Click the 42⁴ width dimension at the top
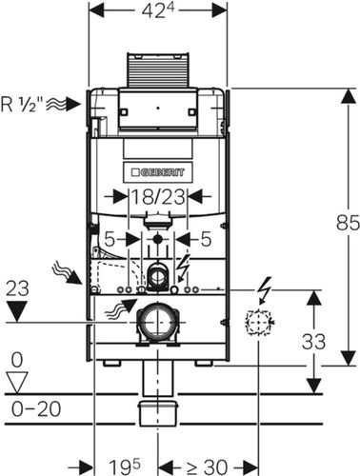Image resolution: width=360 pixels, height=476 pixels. click(x=158, y=11)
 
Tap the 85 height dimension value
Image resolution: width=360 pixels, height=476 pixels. click(x=348, y=223)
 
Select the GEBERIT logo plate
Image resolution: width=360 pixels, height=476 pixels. click(x=158, y=172)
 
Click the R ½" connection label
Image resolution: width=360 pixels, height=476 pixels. click(x=22, y=104)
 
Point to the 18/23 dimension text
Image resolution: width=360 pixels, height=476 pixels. click(x=158, y=197)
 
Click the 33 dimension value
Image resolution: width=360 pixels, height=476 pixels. click(x=313, y=342)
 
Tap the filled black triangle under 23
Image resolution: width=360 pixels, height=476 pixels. click(x=17, y=311)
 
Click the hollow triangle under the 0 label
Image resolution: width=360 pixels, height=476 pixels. click(x=17, y=382)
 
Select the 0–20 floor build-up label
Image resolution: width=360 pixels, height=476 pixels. click(x=36, y=408)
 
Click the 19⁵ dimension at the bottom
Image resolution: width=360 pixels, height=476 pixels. click(x=124, y=466)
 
